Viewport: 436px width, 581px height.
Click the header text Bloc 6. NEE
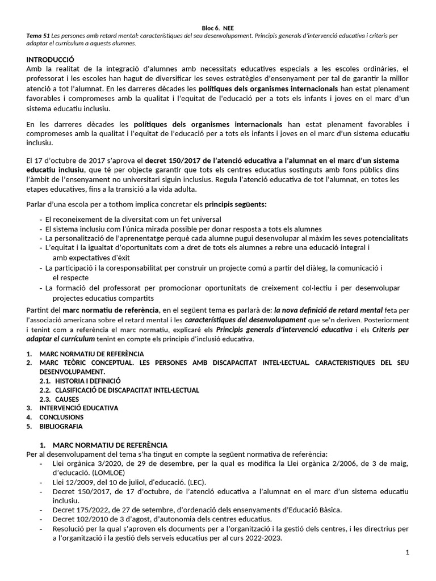pyautogui.click(x=218, y=27)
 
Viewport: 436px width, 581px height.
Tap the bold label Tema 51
pyautogui.click(x=36, y=35)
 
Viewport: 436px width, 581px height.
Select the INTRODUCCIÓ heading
pyautogui.click(x=51, y=60)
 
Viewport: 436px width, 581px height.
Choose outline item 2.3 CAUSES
pyautogui.click(x=67, y=399)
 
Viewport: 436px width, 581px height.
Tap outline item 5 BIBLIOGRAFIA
pyautogui.click(x=61, y=426)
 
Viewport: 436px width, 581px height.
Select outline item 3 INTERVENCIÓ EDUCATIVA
pyautogui.click(x=78, y=408)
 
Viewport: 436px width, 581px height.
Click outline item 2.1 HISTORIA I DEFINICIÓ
pyautogui.click(x=88, y=381)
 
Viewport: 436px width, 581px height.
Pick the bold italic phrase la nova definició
pyautogui.click(x=304, y=310)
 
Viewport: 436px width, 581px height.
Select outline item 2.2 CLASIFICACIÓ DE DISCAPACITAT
pyautogui.click(x=127, y=390)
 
